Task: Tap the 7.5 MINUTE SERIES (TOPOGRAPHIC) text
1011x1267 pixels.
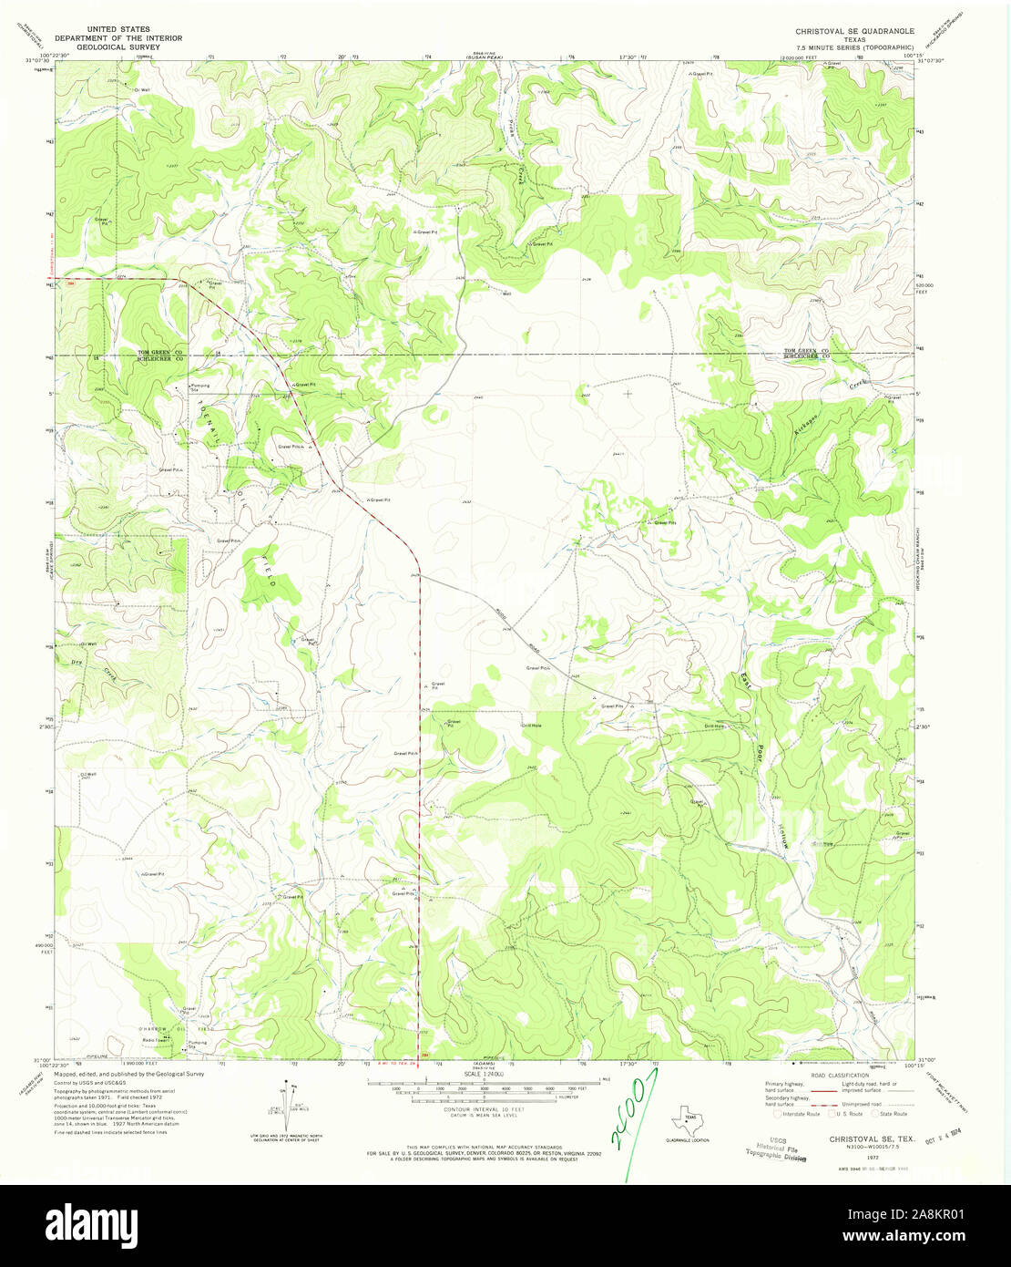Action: pyautogui.click(x=854, y=46)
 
